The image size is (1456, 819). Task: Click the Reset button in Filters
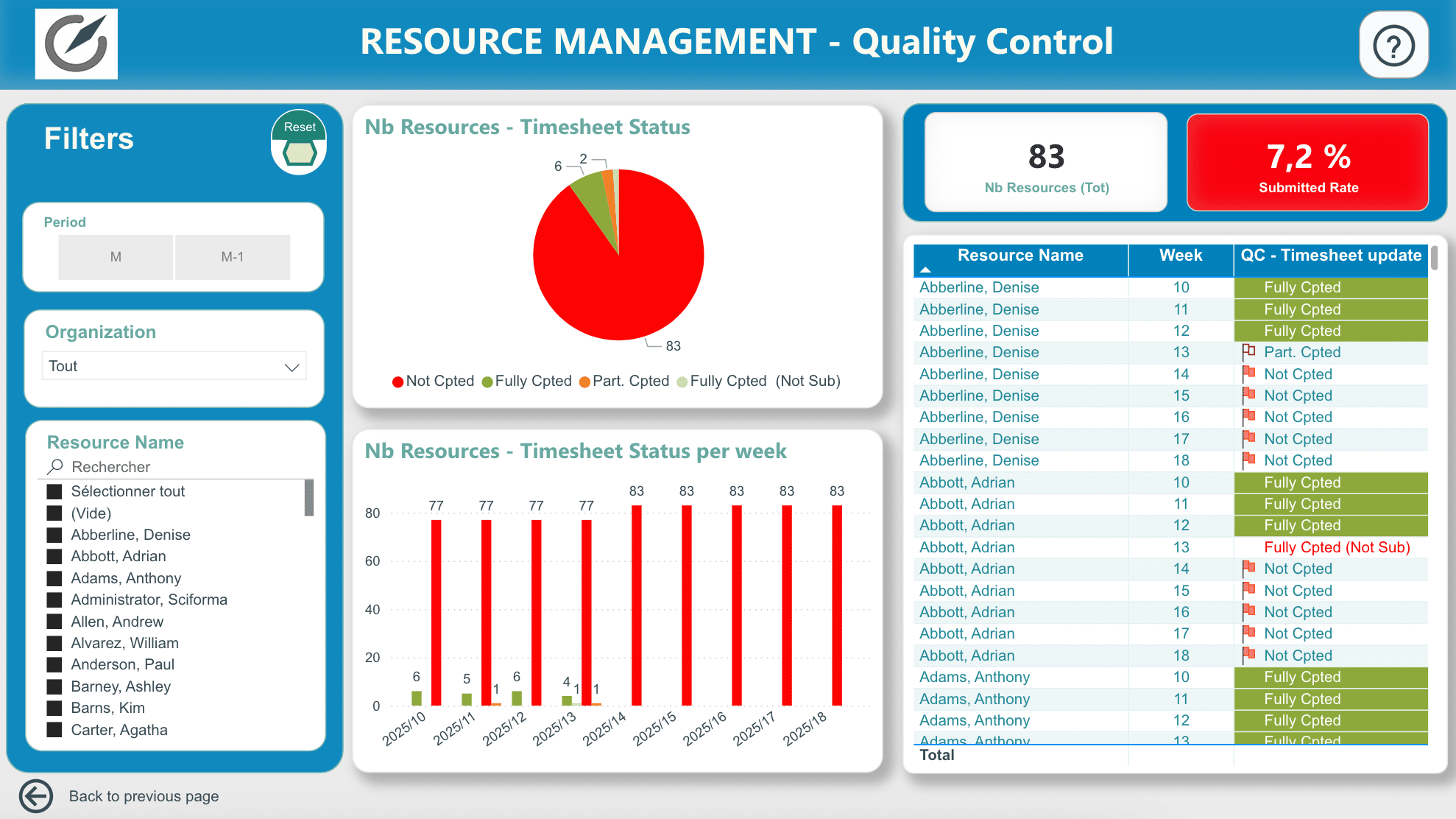(299, 142)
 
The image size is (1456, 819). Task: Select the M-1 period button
(233, 257)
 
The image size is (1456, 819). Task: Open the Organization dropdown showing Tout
(174, 366)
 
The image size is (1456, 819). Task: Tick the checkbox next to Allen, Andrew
(54, 622)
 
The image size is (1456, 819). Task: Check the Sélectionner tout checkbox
(54, 491)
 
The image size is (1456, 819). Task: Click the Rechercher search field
(177, 467)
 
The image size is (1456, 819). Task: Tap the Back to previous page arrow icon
(36, 796)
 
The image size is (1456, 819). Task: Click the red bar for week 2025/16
(737, 605)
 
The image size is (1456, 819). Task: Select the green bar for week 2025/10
(417, 698)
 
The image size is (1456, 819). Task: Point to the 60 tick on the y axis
(373, 561)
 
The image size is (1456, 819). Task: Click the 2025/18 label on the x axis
(805, 728)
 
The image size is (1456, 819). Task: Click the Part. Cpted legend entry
(624, 381)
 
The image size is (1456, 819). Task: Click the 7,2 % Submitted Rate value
(1309, 157)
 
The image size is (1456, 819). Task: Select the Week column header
(1181, 256)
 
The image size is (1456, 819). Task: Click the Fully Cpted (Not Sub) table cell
(1337, 547)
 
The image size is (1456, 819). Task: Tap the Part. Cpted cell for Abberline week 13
(1302, 352)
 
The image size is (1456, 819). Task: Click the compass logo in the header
(77, 43)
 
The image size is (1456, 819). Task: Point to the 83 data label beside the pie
(674, 345)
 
